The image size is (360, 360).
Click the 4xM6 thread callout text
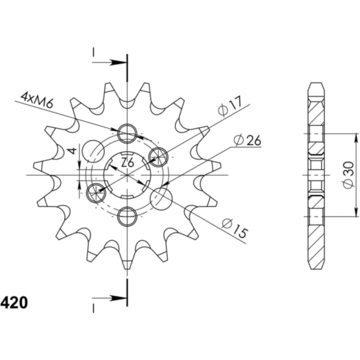[37, 100]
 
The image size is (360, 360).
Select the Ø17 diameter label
[230, 107]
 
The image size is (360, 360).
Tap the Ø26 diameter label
[247, 140]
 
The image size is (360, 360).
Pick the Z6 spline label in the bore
[127, 163]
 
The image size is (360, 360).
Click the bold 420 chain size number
[14, 302]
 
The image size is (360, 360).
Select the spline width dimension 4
[73, 151]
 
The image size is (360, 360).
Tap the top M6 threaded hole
[127, 133]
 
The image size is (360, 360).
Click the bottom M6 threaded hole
[127, 217]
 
